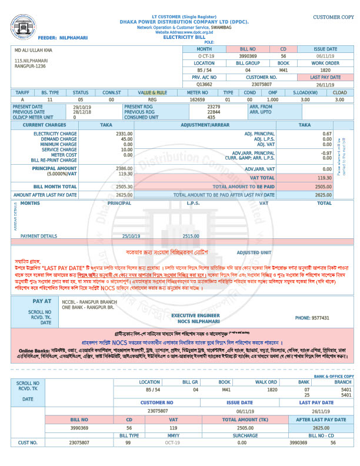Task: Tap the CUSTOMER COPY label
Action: [x=333, y=18]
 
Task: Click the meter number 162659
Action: [x=197, y=99]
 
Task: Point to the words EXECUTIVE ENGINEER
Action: [x=195, y=315]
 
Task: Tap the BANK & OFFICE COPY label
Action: [x=334, y=375]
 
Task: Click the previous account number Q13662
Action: [x=204, y=84]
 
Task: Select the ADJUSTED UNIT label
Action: [x=254, y=252]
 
